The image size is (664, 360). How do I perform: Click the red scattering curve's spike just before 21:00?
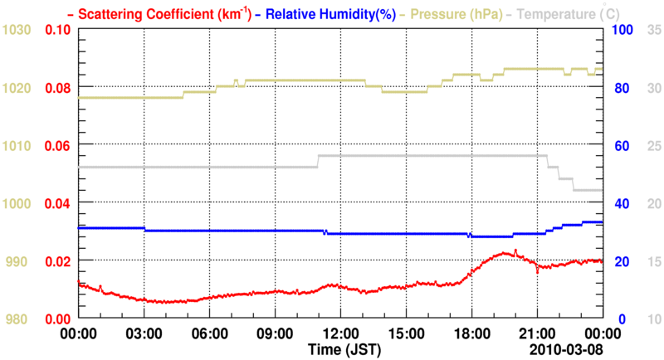tap(515, 250)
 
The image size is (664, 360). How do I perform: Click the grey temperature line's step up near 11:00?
tap(317, 161)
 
